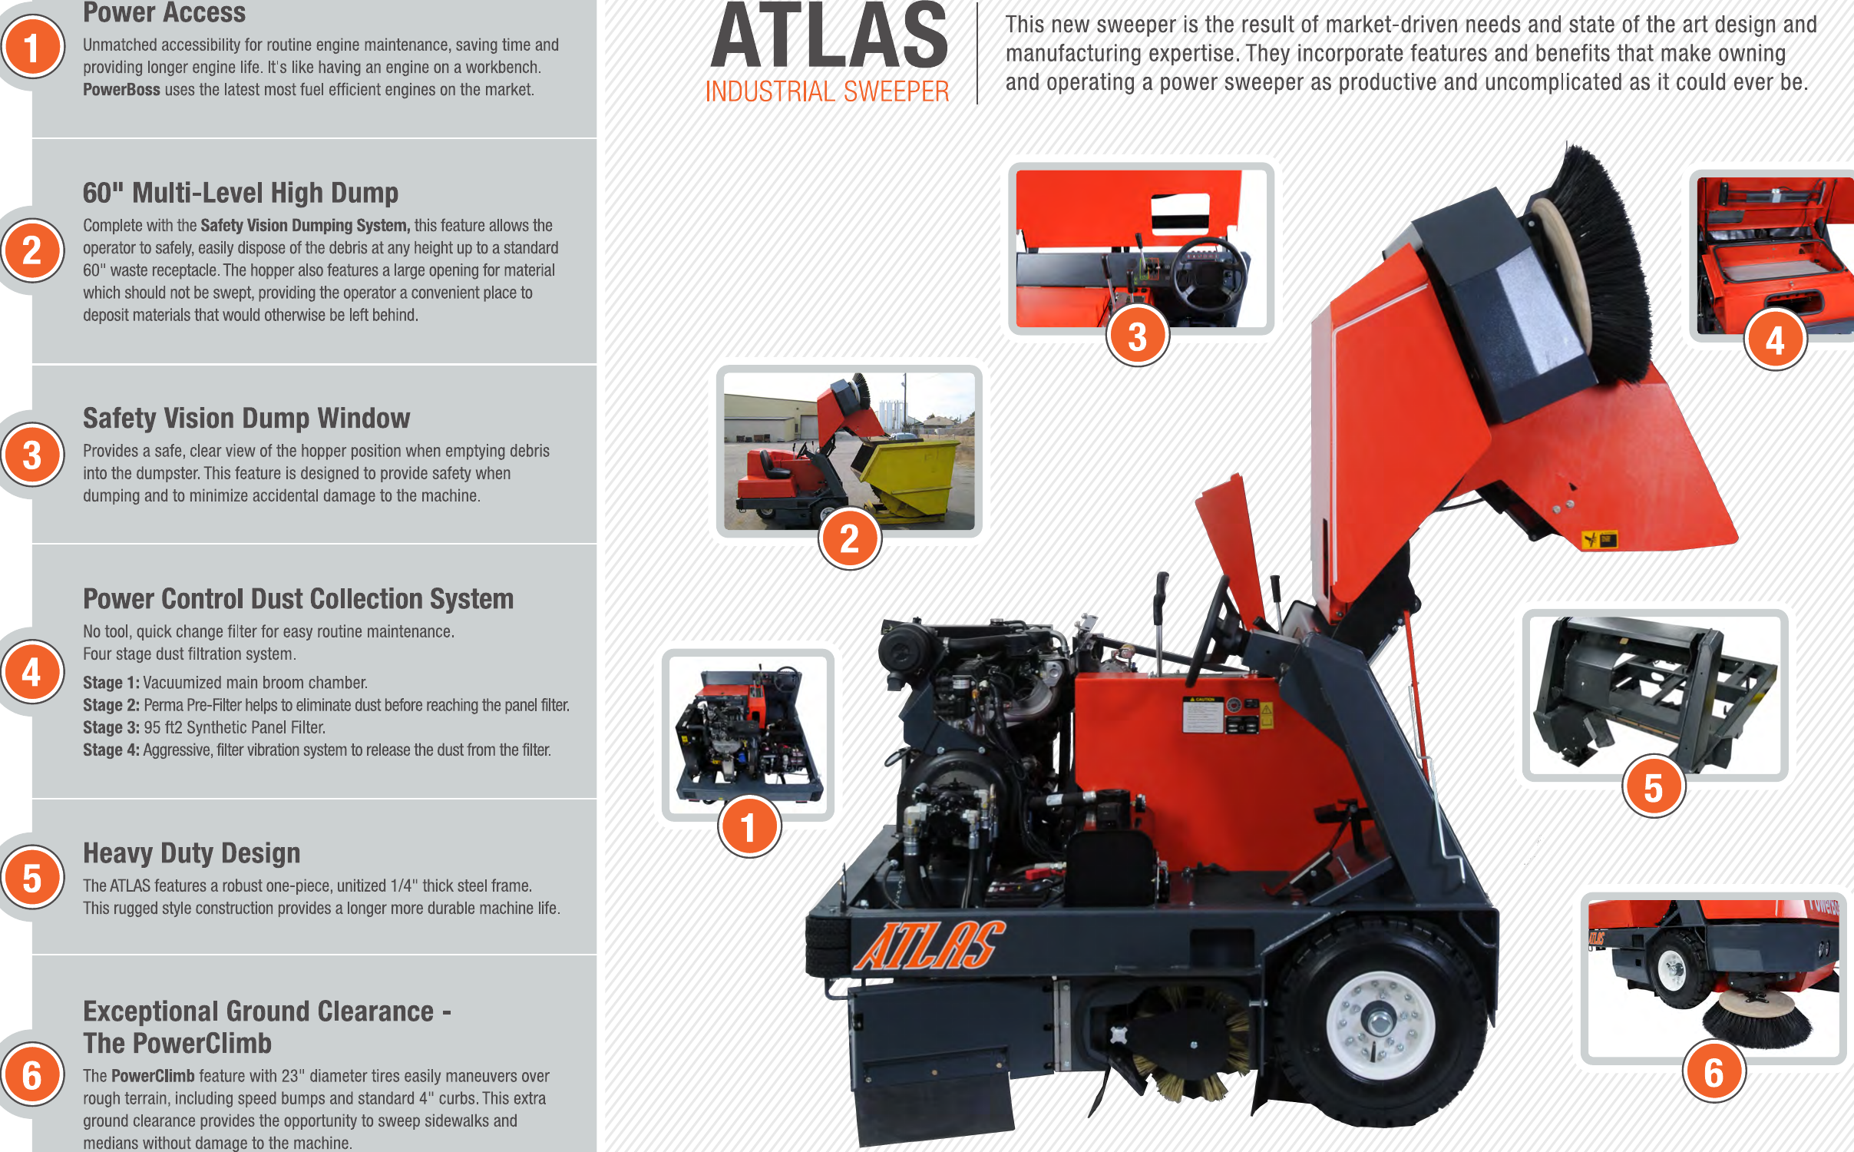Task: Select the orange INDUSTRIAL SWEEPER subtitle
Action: [827, 92]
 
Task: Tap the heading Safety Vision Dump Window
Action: [246, 419]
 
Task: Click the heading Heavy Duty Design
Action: [191, 853]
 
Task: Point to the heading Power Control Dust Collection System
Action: [298, 599]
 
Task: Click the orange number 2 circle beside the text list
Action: [32, 250]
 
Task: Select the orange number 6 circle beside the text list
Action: [32, 1075]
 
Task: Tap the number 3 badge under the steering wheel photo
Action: [1137, 336]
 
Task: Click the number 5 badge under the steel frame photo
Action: [1653, 788]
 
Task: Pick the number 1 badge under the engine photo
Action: [749, 827]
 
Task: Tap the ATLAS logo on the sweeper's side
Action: [929, 945]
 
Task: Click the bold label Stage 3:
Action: [111, 728]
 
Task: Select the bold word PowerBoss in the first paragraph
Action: [121, 90]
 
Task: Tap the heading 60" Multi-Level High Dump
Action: [240, 193]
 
